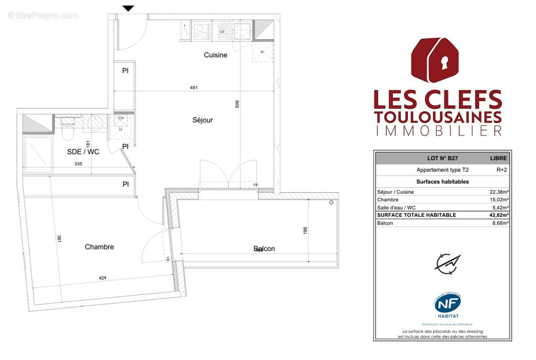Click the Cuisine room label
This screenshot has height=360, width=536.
215,55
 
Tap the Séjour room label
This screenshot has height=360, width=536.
202,120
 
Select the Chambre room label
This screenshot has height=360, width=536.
99,247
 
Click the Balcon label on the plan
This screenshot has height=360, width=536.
264,248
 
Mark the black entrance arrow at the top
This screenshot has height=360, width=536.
129,8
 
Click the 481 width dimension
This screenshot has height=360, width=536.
194,88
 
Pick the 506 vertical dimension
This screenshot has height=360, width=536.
237,104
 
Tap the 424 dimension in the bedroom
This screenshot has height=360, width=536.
103,278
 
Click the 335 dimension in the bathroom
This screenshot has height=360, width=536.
78,164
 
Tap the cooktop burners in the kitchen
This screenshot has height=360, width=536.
201,31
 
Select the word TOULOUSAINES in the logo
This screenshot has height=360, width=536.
438,117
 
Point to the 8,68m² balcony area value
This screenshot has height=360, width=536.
501,223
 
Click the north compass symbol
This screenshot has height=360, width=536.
447,264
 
